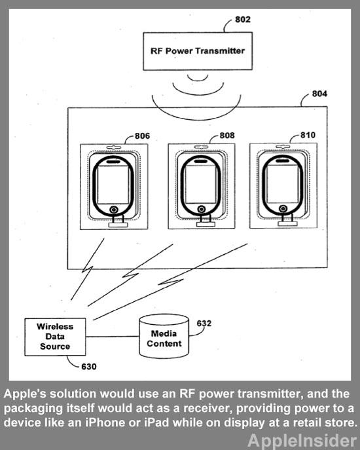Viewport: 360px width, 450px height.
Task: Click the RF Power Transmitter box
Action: pyautogui.click(x=198, y=51)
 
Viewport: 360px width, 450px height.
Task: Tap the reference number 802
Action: pyautogui.click(x=243, y=20)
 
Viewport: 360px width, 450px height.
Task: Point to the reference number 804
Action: pyautogui.click(x=319, y=94)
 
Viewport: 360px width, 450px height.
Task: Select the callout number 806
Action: pyautogui.click(x=142, y=136)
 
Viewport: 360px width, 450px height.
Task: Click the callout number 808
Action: pyautogui.click(x=227, y=135)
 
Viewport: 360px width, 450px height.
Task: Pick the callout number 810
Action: pyautogui.click(x=308, y=135)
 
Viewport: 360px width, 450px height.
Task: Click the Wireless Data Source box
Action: pyautogui.click(x=55, y=337)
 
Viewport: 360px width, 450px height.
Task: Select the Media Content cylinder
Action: pyautogui.click(x=164, y=336)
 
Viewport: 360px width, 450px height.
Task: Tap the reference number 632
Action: pyautogui.click(x=204, y=324)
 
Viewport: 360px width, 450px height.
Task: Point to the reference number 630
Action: pyautogui.click(x=89, y=367)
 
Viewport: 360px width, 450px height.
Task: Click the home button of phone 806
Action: pyautogui.click(x=114, y=210)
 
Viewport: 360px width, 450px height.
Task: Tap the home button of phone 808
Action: pyautogui.click(x=202, y=209)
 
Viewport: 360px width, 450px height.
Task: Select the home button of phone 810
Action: pyautogui.click(x=283, y=208)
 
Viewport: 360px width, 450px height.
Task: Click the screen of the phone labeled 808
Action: pyautogui.click(x=200, y=184)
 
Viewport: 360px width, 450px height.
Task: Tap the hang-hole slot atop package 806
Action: pyautogui.click(x=114, y=147)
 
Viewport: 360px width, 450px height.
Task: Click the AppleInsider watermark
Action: pyautogui.click(x=302, y=441)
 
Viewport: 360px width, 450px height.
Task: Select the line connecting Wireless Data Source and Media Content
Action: pyautogui.click(x=113, y=336)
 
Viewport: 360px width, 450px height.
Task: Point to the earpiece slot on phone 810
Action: pyautogui.click(x=283, y=160)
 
